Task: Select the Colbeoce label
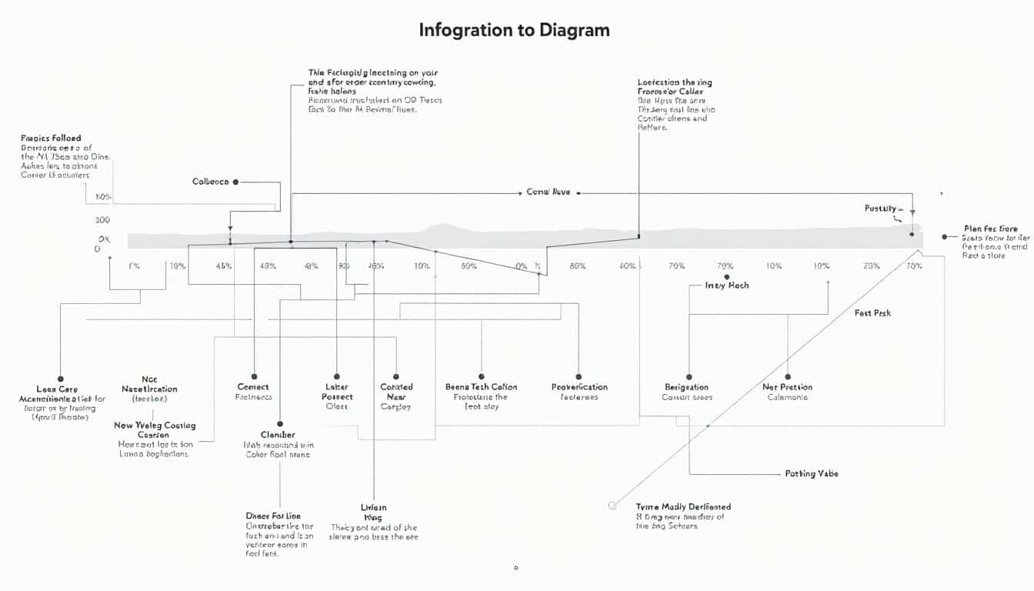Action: (x=210, y=182)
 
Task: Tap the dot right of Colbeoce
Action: (x=235, y=182)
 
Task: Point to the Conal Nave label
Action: (x=548, y=192)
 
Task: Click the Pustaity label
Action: (x=880, y=209)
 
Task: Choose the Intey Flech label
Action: (x=726, y=285)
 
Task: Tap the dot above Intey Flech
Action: (x=726, y=276)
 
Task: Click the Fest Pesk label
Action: (x=872, y=313)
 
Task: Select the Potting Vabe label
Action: (x=812, y=473)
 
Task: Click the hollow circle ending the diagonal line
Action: (x=612, y=506)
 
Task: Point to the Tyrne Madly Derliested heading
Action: (x=683, y=506)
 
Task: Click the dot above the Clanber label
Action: (x=280, y=423)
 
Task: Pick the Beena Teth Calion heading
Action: (x=481, y=387)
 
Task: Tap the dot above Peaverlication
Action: (x=579, y=376)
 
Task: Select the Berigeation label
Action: (x=686, y=387)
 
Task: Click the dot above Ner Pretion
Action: (x=787, y=376)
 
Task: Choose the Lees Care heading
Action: (x=57, y=389)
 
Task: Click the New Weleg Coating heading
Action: (x=155, y=425)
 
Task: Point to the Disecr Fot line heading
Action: (x=272, y=516)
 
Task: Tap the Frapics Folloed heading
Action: (x=51, y=138)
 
